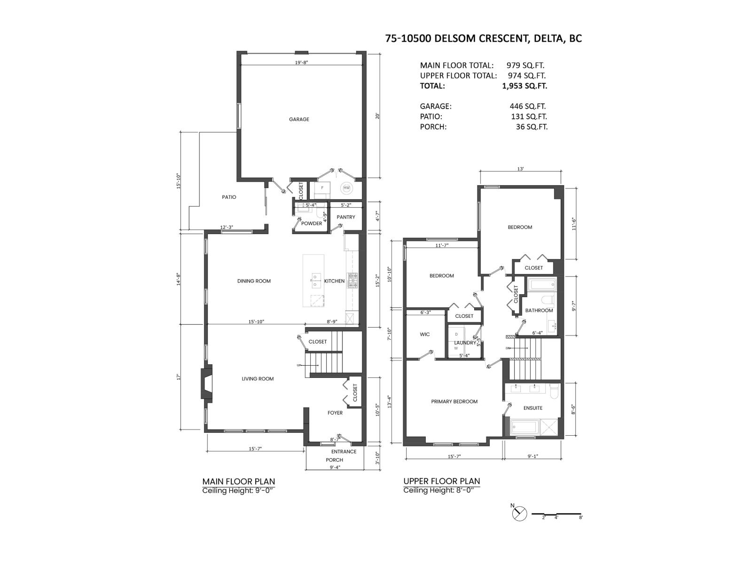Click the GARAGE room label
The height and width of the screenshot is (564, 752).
[299, 119]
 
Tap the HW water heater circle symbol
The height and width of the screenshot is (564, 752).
[346, 188]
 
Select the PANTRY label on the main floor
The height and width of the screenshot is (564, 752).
[346, 217]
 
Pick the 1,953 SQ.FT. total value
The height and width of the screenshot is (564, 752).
[525, 86]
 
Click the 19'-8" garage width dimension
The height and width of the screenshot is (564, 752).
[301, 63]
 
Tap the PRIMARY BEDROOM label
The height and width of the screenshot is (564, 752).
[454, 401]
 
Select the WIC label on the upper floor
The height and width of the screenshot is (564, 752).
[424, 335]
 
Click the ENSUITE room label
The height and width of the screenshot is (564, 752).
[533, 408]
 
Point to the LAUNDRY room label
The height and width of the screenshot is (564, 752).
[464, 343]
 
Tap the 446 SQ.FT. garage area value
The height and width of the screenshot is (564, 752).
[527, 107]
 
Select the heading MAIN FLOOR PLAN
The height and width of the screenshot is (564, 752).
[238, 481]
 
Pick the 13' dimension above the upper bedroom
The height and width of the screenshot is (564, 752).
[520, 169]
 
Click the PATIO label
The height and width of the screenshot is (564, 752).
[229, 197]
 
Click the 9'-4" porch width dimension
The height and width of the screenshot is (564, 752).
[335, 467]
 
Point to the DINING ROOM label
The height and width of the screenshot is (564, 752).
[254, 281]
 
